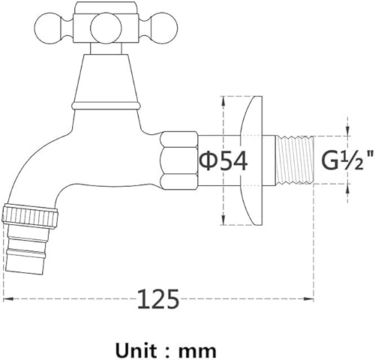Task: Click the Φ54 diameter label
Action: [223, 160]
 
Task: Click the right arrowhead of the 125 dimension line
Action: [309, 298]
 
